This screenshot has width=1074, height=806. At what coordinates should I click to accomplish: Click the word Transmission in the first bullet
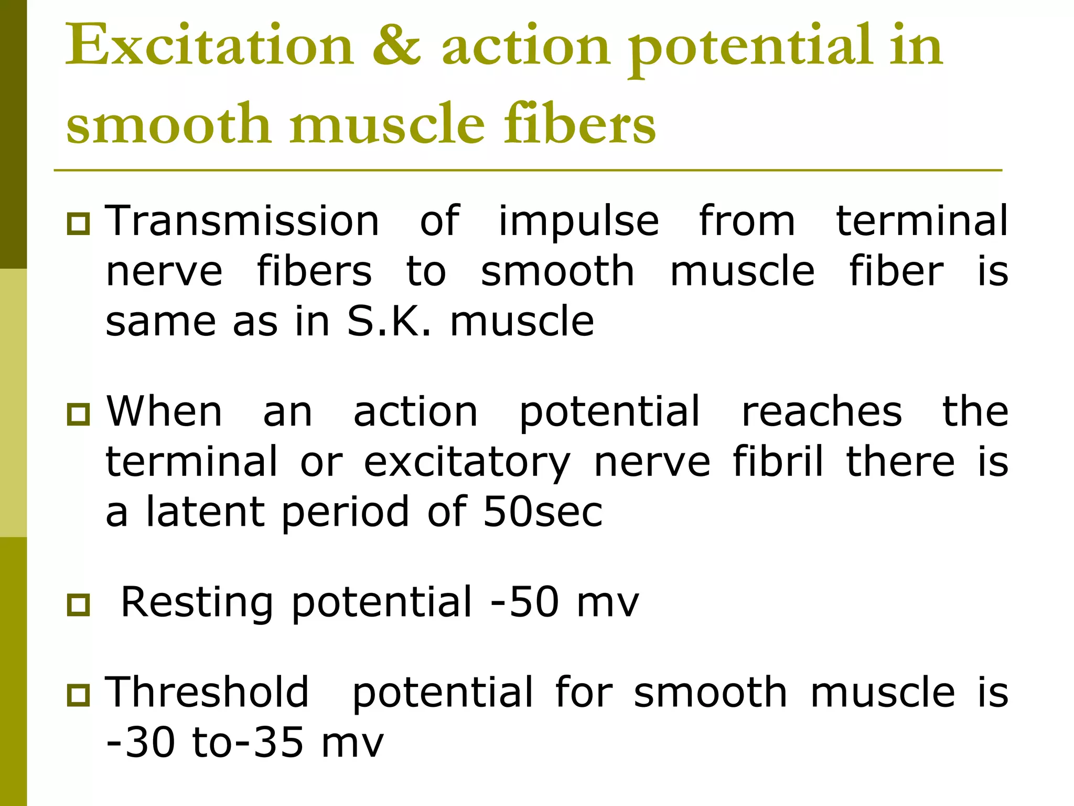242,221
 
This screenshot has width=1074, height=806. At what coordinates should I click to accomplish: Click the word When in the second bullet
165,411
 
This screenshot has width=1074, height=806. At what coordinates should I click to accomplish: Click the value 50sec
543,512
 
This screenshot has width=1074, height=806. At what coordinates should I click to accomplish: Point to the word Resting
197,603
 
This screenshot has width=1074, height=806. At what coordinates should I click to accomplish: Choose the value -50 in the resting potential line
524,602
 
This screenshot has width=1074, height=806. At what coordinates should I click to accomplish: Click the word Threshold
207,693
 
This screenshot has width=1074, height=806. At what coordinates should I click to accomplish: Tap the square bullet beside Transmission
79,224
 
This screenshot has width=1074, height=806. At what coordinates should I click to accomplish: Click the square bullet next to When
79,414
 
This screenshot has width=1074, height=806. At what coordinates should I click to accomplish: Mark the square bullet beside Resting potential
79,605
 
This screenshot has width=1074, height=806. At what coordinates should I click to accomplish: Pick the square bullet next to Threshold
79,695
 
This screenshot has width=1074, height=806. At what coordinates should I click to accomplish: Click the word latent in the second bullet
205,512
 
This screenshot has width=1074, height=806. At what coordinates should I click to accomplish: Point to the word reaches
822,411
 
